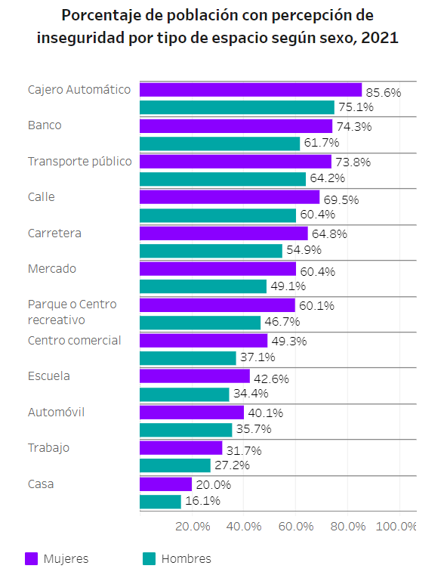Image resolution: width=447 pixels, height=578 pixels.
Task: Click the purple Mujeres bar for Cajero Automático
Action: (251, 90)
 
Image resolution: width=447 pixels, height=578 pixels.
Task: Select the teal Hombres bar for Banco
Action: (220, 144)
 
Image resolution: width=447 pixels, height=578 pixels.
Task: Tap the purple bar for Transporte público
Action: (236, 162)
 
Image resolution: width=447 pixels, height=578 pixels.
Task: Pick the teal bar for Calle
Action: (217, 215)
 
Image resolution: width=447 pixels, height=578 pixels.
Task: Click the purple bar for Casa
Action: (166, 484)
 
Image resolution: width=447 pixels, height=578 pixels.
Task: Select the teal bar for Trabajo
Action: (175, 465)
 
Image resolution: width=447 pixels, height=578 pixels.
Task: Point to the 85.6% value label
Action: (384, 92)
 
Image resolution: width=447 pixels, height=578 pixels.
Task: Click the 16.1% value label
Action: (202, 500)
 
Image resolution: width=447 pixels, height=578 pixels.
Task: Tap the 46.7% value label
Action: (282, 321)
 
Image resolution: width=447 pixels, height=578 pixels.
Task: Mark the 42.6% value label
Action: (271, 379)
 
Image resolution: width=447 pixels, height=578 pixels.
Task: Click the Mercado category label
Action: (52, 269)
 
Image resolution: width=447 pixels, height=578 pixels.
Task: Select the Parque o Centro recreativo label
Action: (72, 312)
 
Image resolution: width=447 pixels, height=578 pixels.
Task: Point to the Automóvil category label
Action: (56, 412)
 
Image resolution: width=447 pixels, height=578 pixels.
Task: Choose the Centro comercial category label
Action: (75, 340)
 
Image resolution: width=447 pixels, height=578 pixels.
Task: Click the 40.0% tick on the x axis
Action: (244, 526)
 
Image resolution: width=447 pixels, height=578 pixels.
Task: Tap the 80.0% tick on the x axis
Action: (348, 526)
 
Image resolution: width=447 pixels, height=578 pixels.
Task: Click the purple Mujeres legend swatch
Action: (31, 558)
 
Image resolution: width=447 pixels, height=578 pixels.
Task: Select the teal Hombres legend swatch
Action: (149, 558)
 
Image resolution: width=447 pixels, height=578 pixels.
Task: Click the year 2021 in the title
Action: (380, 38)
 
